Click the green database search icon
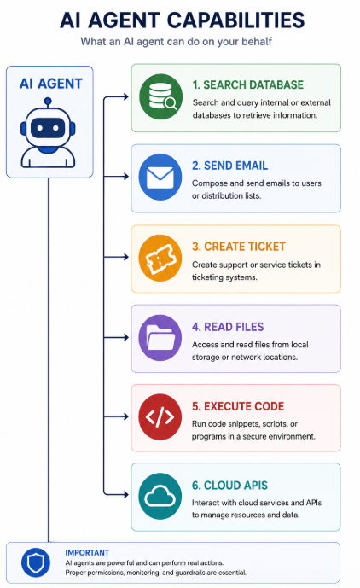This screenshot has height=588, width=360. [160, 96]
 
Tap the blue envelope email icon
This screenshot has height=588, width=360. [160, 177]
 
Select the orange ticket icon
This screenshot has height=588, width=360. [160, 258]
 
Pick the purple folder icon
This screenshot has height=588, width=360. [160, 337]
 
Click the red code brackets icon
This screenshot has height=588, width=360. [160, 416]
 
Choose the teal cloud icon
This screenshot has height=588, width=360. [160, 496]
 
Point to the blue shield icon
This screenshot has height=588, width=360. [36, 562]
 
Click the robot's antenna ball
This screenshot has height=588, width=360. [48, 101]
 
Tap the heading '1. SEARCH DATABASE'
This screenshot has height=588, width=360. [248, 84]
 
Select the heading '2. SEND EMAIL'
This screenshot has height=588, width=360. [229, 166]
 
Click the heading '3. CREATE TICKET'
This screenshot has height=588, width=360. [239, 247]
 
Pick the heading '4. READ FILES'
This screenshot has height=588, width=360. [228, 327]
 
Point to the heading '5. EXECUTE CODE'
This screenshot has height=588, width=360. [238, 406]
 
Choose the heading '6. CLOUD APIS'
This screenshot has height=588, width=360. [229, 486]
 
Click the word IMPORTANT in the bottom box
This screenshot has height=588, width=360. [87, 553]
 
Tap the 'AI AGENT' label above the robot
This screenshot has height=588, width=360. [51, 84]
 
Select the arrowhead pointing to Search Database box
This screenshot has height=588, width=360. [125, 96]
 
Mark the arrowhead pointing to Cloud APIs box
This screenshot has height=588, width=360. [125, 495]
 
